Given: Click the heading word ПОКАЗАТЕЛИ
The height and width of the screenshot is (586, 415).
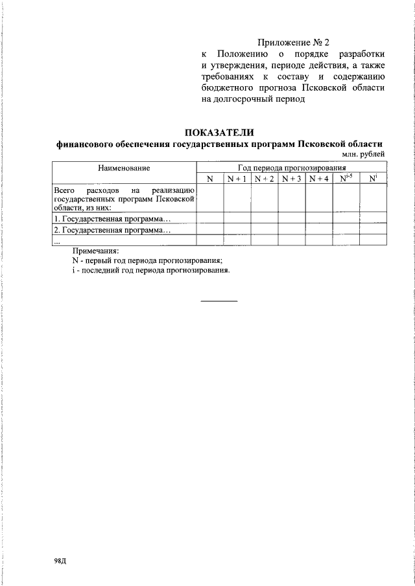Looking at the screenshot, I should (x=219, y=133).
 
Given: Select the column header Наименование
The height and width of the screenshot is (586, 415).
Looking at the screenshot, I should (x=124, y=168).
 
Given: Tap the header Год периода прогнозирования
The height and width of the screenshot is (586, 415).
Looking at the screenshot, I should (x=291, y=168).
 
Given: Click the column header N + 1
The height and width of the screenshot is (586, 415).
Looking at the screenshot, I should (x=237, y=179).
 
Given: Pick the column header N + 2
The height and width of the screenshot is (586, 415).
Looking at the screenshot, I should (x=265, y=179).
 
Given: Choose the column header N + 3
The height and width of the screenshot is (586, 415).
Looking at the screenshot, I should (x=292, y=179).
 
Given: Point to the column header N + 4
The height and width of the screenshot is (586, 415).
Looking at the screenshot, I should (x=319, y=179).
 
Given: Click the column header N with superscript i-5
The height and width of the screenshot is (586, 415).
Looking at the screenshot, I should (x=346, y=178).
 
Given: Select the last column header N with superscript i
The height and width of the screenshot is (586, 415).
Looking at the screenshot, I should (x=373, y=178).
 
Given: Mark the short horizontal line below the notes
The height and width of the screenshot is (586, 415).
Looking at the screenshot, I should (x=219, y=300).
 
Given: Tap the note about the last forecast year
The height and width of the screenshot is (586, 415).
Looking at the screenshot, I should (x=151, y=270).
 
